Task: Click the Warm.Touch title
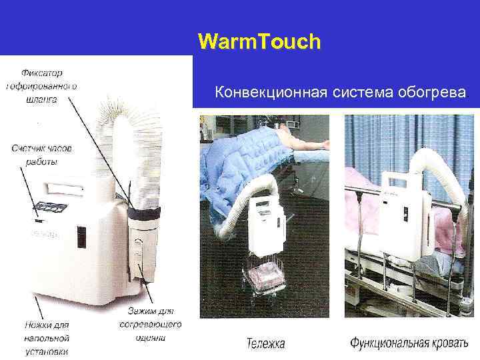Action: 259,42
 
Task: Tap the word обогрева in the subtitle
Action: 429,93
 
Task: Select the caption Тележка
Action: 265,344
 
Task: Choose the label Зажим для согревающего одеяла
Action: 150,324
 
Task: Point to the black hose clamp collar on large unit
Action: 143,213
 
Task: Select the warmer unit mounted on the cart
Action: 266,220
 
